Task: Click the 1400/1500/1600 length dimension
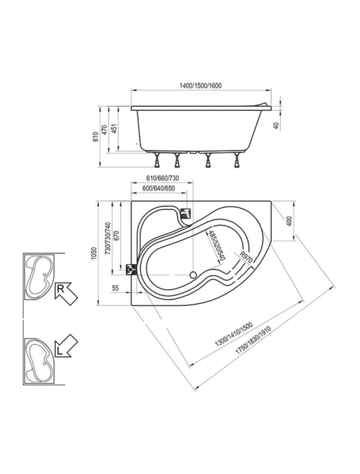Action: point(200,85)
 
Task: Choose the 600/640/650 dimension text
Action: point(159,188)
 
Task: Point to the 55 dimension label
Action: point(116,288)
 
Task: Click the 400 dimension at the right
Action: point(289,221)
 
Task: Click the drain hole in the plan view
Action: point(193,275)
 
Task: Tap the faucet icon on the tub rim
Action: point(186,214)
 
